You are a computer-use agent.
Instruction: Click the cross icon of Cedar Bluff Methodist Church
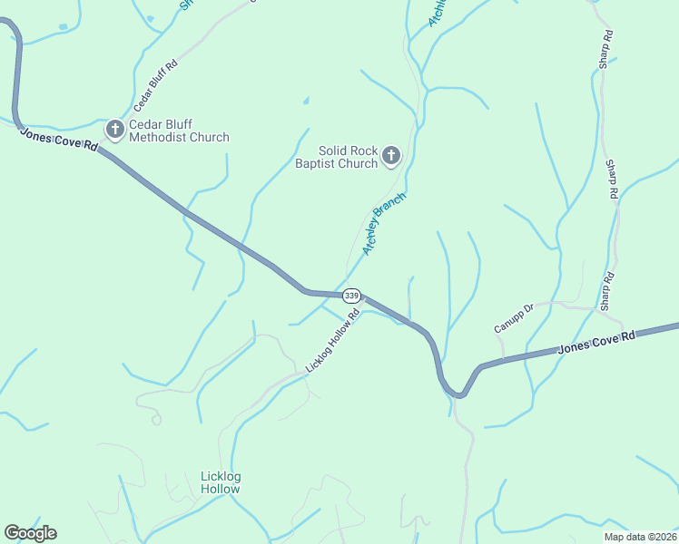click(x=115, y=130)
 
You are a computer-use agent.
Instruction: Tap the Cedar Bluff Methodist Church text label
click(x=179, y=131)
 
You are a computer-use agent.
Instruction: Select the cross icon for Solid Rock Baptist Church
click(x=391, y=156)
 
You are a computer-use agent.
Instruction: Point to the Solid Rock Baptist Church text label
click(x=335, y=157)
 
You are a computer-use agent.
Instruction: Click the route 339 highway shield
click(x=352, y=296)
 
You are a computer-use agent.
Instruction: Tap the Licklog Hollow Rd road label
click(x=333, y=341)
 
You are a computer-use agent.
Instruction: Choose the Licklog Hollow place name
click(x=221, y=482)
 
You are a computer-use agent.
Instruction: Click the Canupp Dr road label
click(x=515, y=316)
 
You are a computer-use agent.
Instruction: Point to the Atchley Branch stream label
click(x=383, y=223)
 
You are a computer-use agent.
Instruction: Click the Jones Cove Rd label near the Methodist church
click(x=58, y=139)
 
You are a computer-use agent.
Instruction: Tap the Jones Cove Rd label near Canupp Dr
click(x=595, y=342)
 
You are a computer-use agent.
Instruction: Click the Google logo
click(x=30, y=533)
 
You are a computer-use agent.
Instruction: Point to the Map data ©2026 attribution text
click(x=641, y=537)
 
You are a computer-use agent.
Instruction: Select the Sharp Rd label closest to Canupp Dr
click(x=608, y=288)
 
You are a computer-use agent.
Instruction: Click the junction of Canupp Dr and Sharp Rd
click(x=600, y=309)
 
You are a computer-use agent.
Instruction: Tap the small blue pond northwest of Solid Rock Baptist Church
click(x=306, y=100)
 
